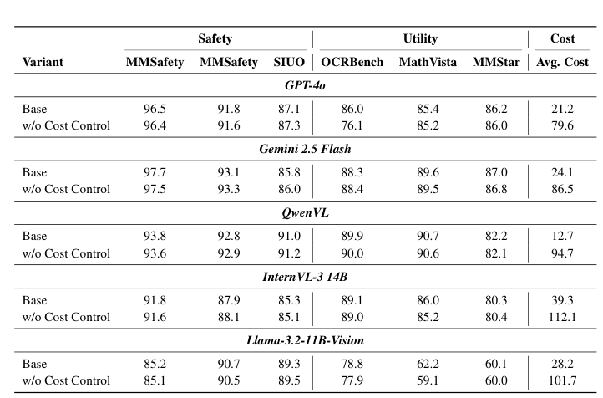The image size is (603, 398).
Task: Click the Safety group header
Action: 215,38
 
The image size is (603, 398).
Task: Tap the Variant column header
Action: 43,62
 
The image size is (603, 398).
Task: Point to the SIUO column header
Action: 289,62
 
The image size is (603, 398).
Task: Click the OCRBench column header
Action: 351,62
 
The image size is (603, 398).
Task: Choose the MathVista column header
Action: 428,62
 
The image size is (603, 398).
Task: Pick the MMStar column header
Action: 496,62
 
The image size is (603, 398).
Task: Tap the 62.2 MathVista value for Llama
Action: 428,365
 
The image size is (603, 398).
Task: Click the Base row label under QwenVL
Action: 35,237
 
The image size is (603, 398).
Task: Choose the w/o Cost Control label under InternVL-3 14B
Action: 66,317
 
